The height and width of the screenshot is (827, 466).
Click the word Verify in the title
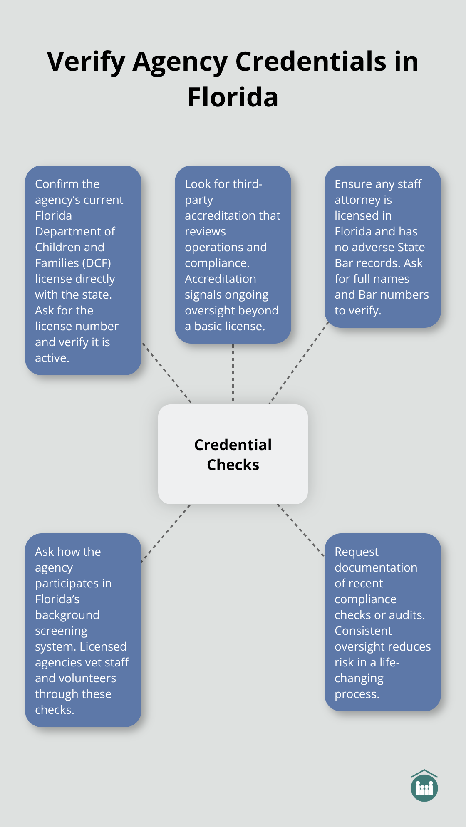[86, 62]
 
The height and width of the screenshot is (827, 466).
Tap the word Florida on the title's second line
[233, 97]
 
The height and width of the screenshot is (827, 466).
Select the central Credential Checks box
[233, 454]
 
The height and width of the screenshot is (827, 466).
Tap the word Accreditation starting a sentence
[220, 279]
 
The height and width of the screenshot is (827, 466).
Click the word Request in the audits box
[356, 552]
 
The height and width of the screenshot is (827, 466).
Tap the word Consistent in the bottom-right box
[363, 631]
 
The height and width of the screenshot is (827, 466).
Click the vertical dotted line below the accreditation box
[233, 373]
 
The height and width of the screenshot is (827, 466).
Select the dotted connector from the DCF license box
[166, 373]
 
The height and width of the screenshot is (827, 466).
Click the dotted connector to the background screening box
[166, 534]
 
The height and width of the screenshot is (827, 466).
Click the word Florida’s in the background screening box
[57, 599]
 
